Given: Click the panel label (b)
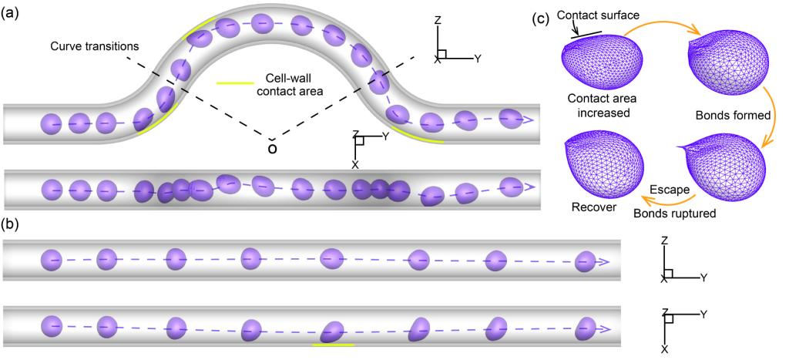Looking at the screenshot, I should point(12,227).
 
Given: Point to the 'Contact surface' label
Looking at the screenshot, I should point(597,16).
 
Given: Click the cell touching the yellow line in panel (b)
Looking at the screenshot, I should point(332,332).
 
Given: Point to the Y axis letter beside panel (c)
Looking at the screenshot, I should point(478,58).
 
